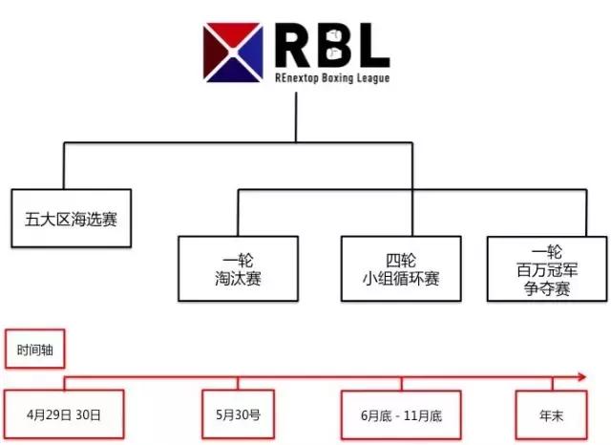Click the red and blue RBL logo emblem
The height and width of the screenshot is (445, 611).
pos(232,51)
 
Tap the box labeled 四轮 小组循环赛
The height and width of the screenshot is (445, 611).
pos(393,268)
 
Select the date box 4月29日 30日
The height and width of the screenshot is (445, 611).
pos(65,415)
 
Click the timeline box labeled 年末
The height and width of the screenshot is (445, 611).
pos(547,415)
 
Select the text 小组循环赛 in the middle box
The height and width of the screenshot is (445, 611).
pos(393,279)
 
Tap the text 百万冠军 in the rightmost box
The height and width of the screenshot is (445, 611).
pos(545,269)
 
